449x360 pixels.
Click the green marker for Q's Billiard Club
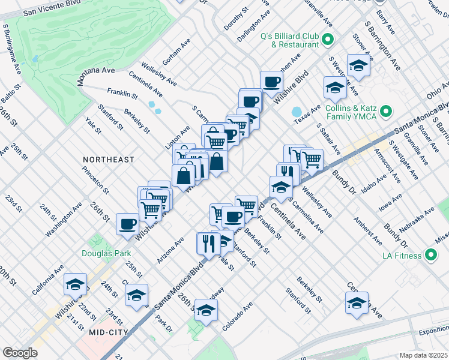(x=328, y=41)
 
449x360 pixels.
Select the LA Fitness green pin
(x=430, y=256)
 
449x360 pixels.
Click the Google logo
(x=20, y=353)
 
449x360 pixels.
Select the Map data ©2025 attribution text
(x=423, y=355)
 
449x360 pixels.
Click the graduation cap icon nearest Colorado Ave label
(x=206, y=310)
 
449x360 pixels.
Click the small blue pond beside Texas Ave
(x=296, y=112)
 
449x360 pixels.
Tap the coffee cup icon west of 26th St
(x=127, y=223)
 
